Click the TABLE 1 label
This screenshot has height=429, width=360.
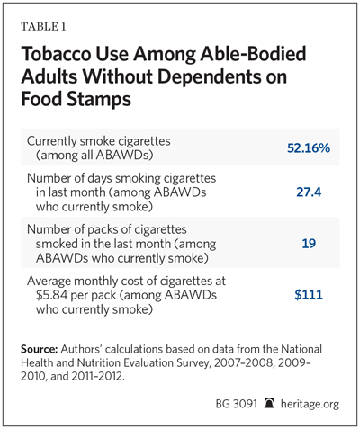coord(43,27)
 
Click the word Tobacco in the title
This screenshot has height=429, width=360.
coord(56,54)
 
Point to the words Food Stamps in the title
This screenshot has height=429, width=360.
coord(76,100)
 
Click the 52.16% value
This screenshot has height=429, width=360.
coord(309,148)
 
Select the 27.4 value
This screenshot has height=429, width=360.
coord(309,192)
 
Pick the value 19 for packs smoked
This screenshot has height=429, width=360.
coord(309,243)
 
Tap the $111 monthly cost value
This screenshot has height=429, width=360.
coord(309,295)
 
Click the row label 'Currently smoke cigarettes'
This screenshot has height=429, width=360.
coord(99,141)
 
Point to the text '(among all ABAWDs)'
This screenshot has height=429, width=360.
coord(94,156)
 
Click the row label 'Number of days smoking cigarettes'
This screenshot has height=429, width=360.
coord(121,179)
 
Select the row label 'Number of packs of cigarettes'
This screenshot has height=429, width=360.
coord(107,229)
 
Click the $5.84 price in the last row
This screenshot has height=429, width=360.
coord(51,295)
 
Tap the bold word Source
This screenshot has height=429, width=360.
coord(39,349)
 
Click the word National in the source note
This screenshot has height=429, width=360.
coord(301,349)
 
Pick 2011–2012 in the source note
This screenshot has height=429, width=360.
coord(97,376)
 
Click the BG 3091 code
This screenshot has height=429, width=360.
coord(237,404)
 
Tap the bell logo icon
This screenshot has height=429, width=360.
coord(269,403)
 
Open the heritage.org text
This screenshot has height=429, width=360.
coord(310,405)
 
